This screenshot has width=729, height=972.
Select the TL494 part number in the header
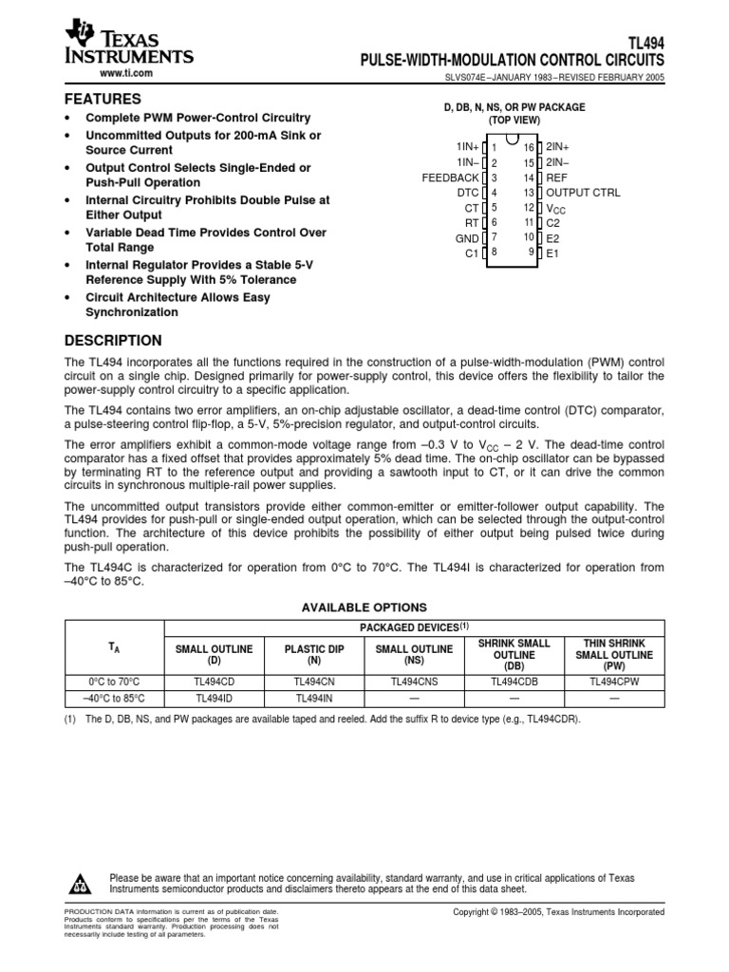point(646,43)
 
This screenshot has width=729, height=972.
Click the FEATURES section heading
point(103,99)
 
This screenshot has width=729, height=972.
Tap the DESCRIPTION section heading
point(112,341)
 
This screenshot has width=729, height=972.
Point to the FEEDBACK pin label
point(451,178)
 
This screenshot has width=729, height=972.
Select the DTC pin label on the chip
point(468,193)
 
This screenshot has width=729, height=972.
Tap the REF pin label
point(556,178)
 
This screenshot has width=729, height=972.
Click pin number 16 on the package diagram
point(530,148)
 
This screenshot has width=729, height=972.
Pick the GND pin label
point(468,238)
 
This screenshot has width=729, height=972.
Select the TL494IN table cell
point(312,698)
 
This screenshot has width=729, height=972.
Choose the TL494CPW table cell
point(614,681)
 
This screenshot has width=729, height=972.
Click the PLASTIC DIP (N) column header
point(312,655)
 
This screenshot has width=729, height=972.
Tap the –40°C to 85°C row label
point(114,698)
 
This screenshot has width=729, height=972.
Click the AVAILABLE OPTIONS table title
point(364,607)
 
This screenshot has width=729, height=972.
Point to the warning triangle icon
point(79,885)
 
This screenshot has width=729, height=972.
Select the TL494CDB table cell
point(514,681)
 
